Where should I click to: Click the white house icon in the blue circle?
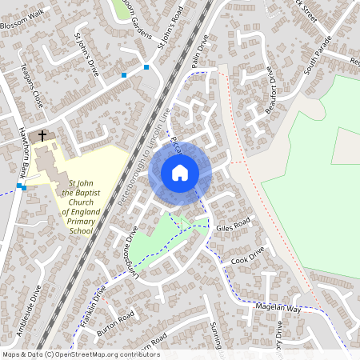[180, 172]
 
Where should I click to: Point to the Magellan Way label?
[278, 308]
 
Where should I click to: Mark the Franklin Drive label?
[93, 306]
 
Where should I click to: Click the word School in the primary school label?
[81, 230]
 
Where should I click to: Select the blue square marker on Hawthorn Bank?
[24, 187]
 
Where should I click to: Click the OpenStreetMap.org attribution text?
[104, 354]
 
